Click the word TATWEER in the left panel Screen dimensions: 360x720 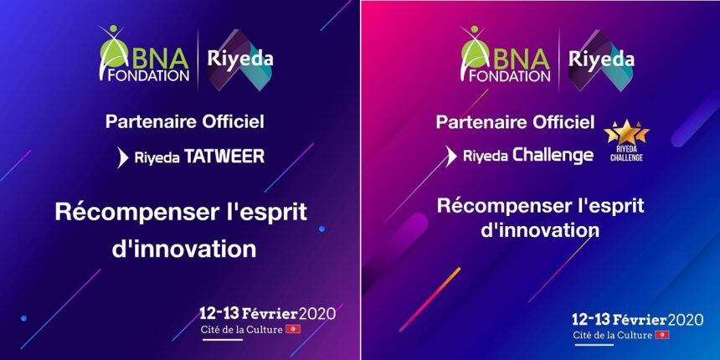[224, 156]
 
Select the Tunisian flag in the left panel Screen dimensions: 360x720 [293, 329]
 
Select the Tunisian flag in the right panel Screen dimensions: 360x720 [662, 335]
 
